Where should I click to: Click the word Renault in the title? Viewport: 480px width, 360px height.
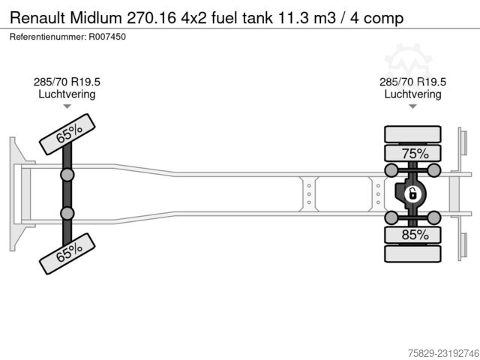pos(37,18)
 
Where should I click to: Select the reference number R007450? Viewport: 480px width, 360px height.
pos(107,37)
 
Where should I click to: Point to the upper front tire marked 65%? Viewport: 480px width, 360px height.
pos(67,134)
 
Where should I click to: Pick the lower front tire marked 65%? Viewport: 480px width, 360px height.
pos(67,253)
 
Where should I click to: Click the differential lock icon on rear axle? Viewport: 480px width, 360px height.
pos(412,194)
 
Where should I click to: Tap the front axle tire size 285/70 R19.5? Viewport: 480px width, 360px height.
pos(67,82)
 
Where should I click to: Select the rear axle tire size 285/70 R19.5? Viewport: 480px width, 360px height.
pos(413,82)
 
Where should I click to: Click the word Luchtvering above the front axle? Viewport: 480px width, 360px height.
pos(67,94)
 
